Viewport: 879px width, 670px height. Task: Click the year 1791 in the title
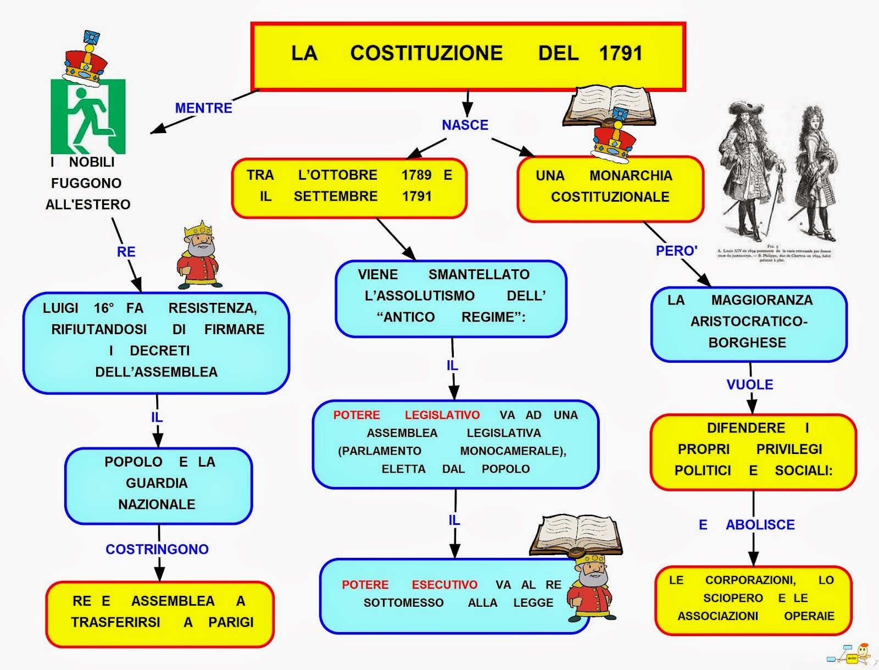(x=620, y=53)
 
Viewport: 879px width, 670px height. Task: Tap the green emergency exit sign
(x=88, y=117)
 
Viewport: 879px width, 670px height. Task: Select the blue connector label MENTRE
(x=203, y=108)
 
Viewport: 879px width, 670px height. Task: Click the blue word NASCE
(x=465, y=125)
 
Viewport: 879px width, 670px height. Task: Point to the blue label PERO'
(x=676, y=251)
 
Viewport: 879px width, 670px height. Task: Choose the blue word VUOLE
(x=749, y=385)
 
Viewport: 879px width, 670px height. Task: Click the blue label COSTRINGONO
(x=157, y=549)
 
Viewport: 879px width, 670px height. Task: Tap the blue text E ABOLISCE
(x=747, y=525)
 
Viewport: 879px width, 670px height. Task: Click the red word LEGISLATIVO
(x=442, y=415)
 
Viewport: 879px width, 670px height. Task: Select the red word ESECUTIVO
(x=444, y=585)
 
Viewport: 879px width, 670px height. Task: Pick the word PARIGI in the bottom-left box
(x=231, y=622)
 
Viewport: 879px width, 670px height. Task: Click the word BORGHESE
(x=747, y=342)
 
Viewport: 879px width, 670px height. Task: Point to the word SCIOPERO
(x=733, y=598)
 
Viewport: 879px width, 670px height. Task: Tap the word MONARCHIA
(x=631, y=175)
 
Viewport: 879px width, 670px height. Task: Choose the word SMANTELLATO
(x=479, y=274)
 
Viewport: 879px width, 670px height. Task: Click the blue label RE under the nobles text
(x=126, y=252)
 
